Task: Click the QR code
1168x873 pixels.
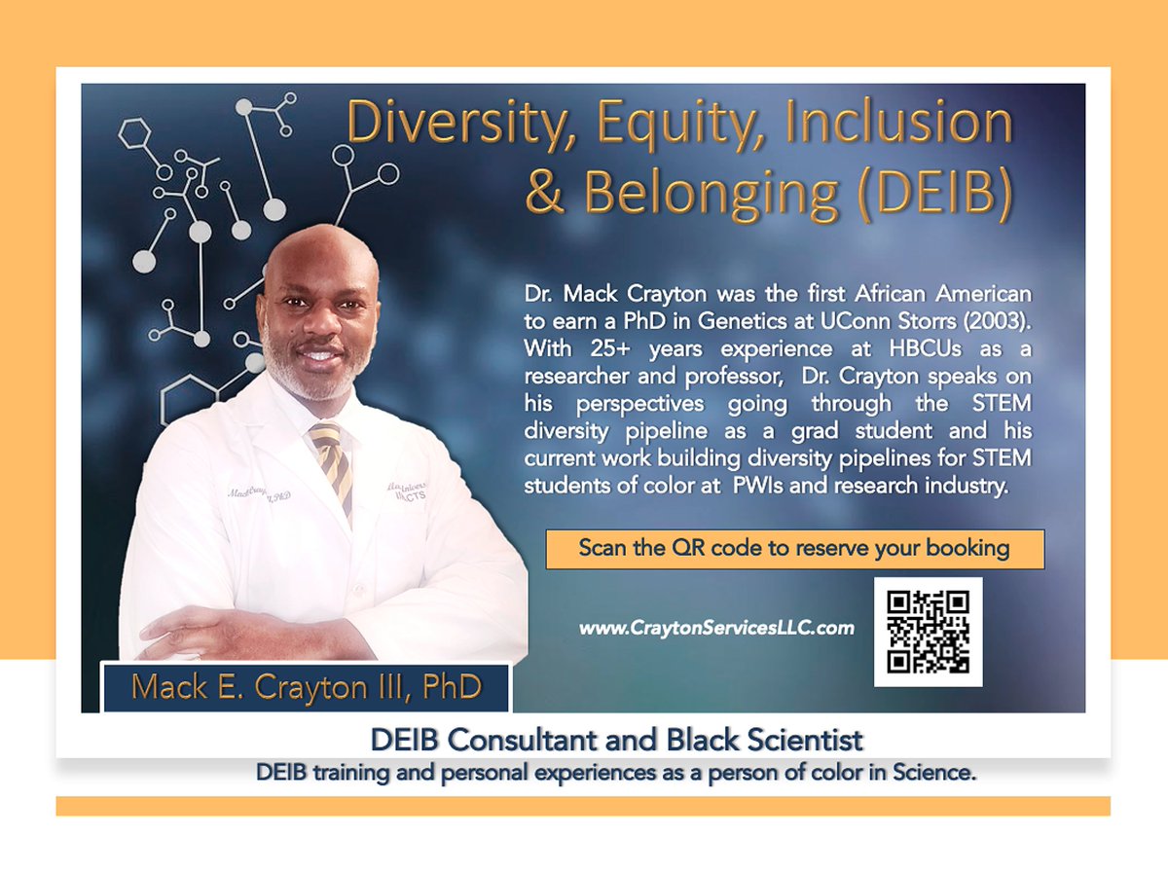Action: coord(928,632)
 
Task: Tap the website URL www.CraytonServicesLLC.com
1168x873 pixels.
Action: coord(716,629)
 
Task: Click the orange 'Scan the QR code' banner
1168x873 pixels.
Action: coord(794,548)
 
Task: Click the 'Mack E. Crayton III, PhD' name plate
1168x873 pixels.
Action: coord(306,687)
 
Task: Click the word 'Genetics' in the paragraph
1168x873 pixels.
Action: coord(764,320)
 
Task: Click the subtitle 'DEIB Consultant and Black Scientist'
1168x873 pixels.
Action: coord(616,741)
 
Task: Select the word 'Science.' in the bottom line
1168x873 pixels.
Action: coord(936,774)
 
